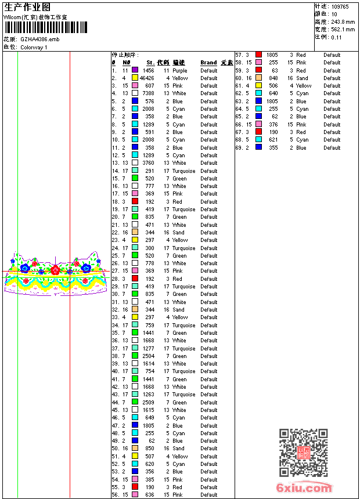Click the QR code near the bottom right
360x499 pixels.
point(303,453)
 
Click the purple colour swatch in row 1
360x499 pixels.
point(135,70)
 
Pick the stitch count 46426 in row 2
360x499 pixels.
point(147,78)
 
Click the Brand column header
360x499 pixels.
point(208,63)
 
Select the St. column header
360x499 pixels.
point(150,63)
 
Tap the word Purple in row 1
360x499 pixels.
point(179,70)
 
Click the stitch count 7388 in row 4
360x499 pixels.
point(148,93)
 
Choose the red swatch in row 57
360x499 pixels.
point(258,55)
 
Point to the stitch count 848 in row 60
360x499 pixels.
point(273,78)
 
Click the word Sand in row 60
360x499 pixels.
point(302,78)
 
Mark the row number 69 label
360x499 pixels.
point(238,148)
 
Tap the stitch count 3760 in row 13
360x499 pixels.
point(148,163)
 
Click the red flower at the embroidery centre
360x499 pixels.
point(55,270)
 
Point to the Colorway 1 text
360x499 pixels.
point(34,47)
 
